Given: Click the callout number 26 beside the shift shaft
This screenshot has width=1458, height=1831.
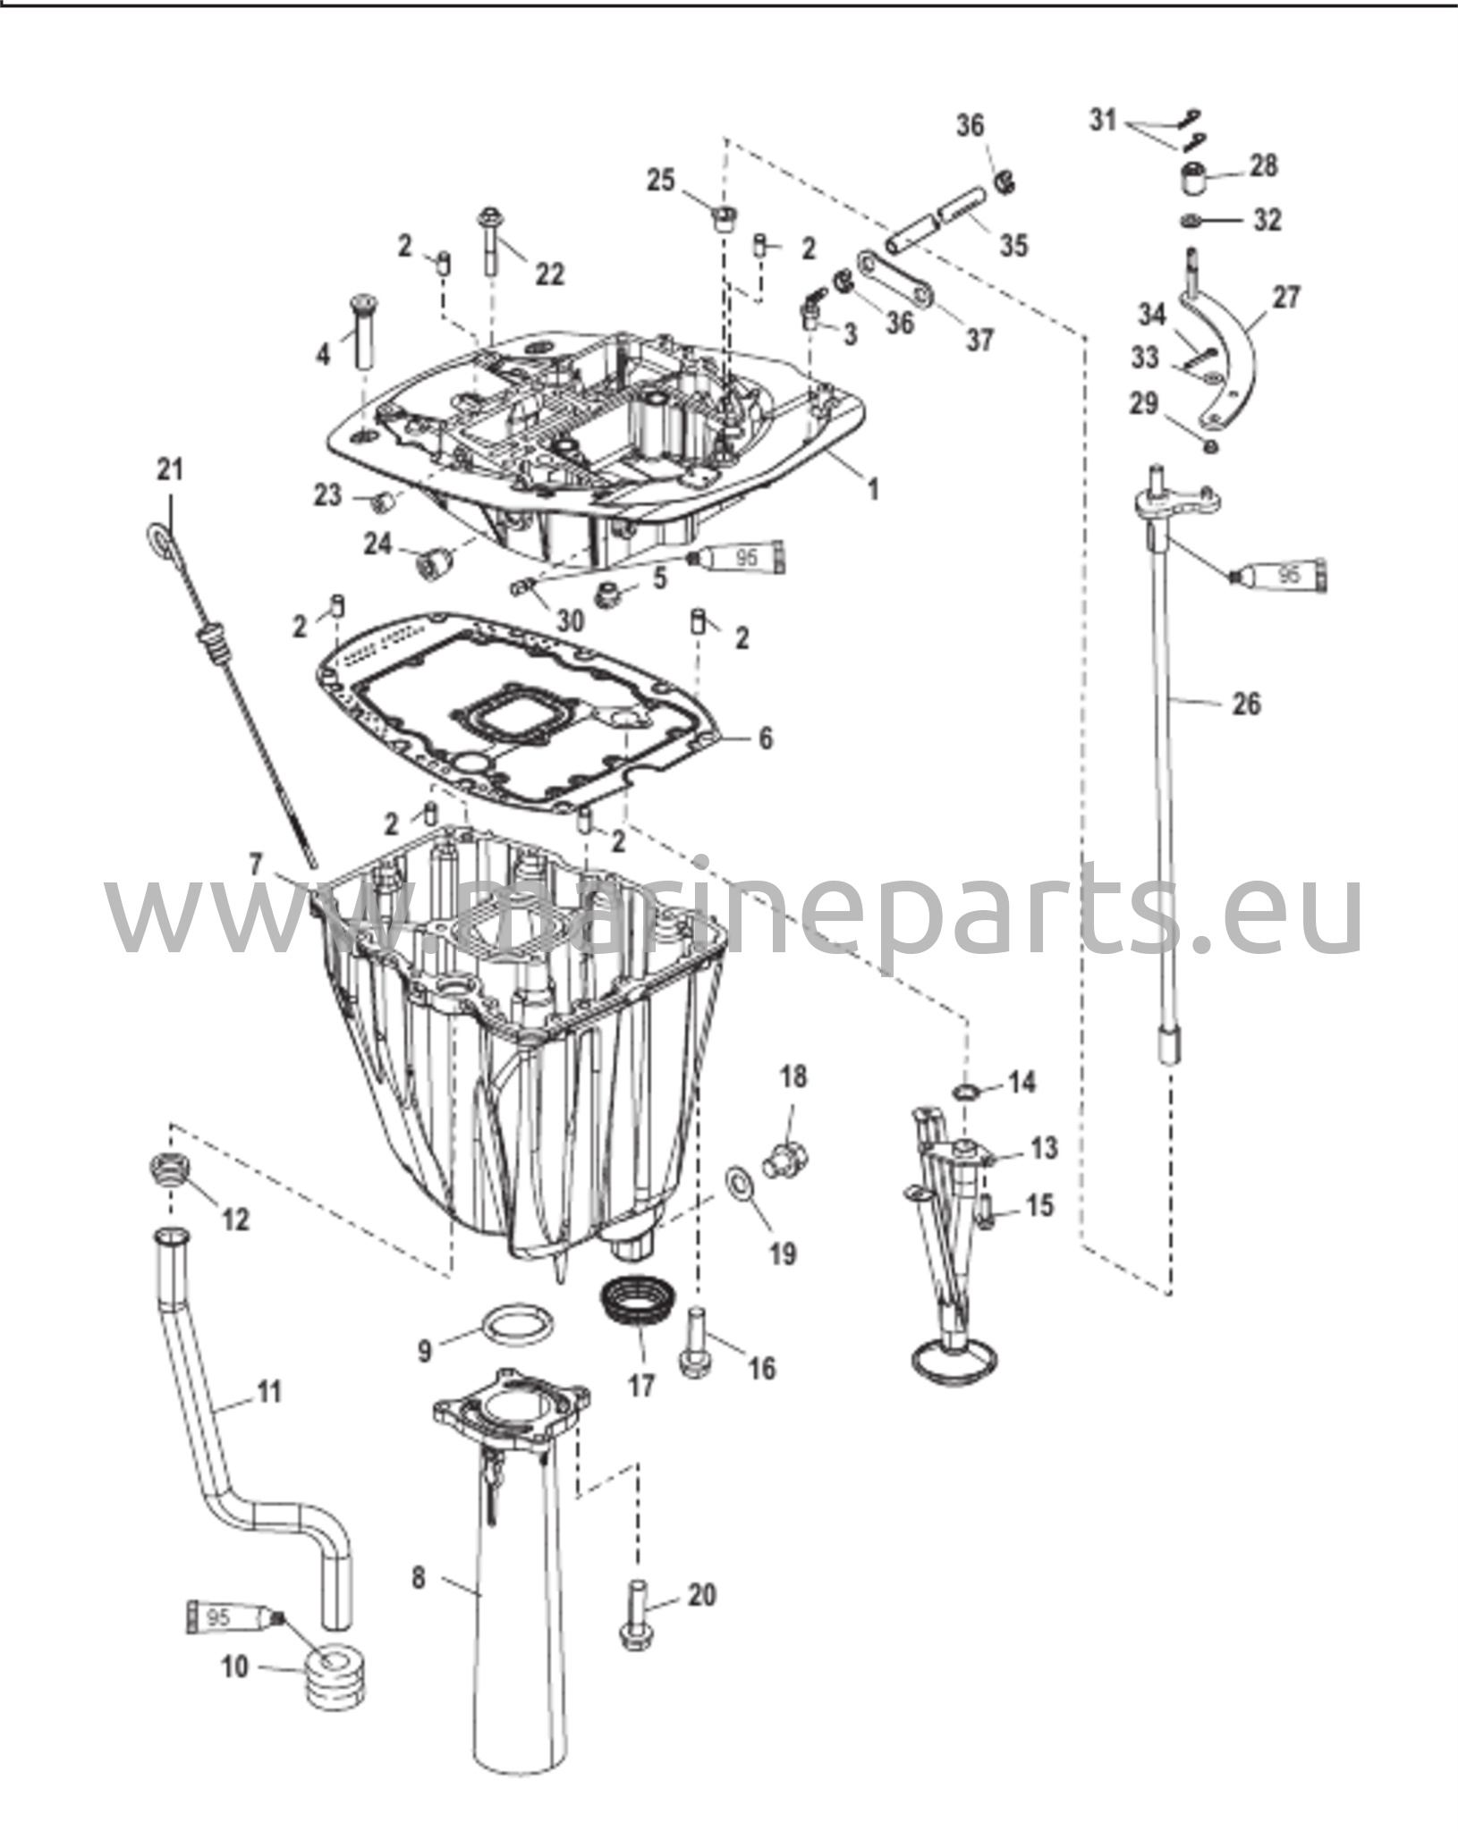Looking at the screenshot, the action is [x=1246, y=705].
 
